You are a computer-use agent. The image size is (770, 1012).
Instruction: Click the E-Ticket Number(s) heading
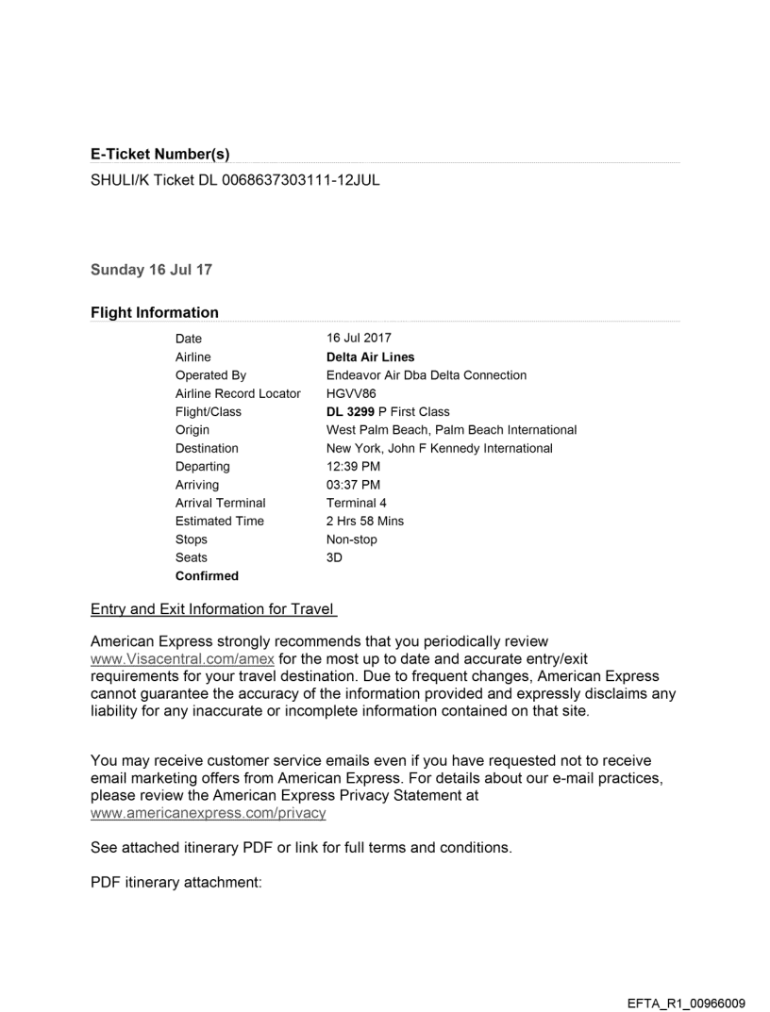tap(159, 154)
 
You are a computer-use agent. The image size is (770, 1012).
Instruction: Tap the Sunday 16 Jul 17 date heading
tap(151, 270)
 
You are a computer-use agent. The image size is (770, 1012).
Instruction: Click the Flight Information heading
tap(154, 312)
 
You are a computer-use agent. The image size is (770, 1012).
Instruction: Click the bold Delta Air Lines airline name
tap(370, 357)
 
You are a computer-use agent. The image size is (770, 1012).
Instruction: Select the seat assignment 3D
tap(335, 557)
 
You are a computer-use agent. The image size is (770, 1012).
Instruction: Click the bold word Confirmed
tap(207, 575)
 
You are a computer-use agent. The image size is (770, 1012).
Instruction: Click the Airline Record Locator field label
tap(238, 393)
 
